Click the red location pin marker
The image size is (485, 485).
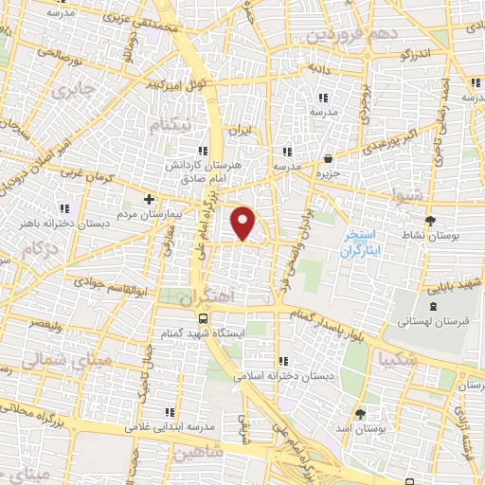coord(244,223)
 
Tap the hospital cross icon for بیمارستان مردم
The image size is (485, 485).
coord(149,199)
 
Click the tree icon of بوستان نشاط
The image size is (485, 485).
coord(432,221)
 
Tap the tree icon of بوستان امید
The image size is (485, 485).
coord(360,414)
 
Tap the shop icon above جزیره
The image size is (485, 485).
coord(327,158)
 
